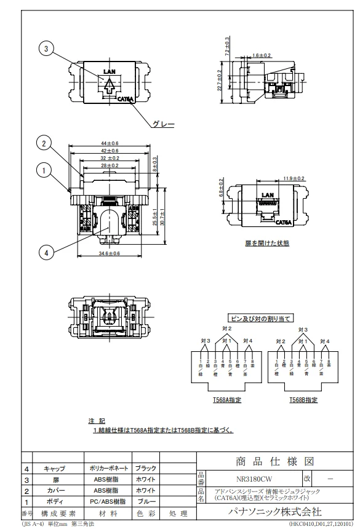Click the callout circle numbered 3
[x=46, y=48]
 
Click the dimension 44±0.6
[x=110, y=143]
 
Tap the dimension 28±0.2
[x=109, y=165]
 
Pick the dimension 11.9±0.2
[x=276, y=178]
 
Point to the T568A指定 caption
[x=227, y=400]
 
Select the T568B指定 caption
[x=304, y=400]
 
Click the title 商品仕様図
[x=273, y=462]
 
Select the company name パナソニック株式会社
[x=273, y=511]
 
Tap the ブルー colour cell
[x=146, y=501]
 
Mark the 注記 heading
[x=95, y=421]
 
